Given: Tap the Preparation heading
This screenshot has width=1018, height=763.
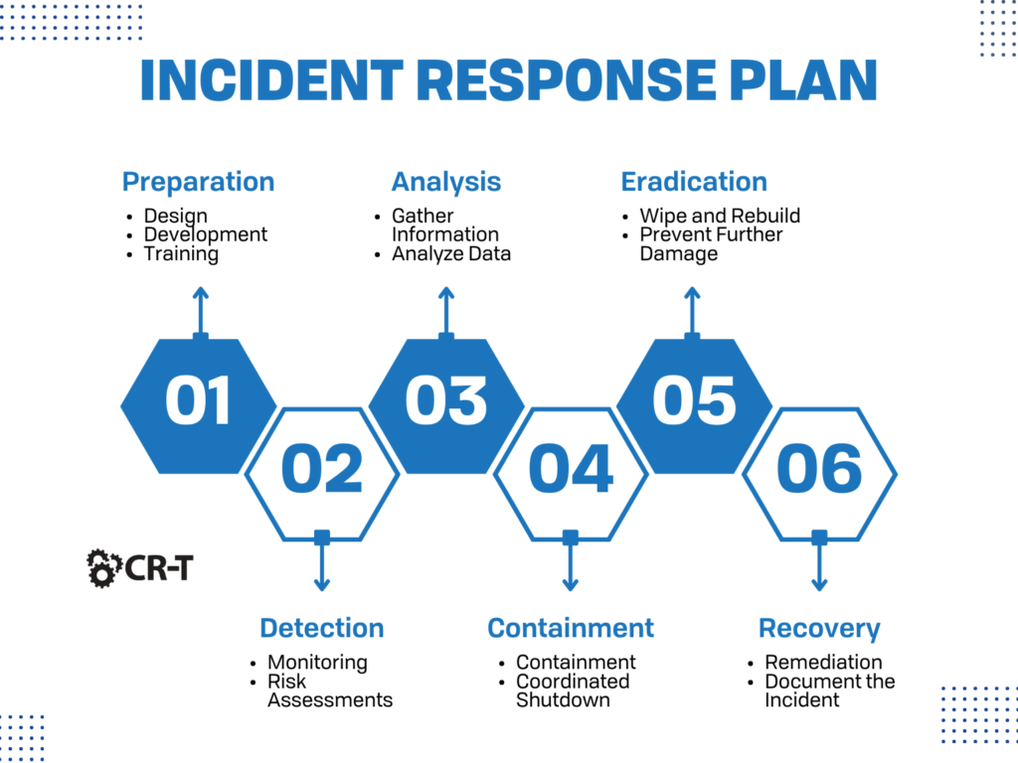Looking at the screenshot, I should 198,182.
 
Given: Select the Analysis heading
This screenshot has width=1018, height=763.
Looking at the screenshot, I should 445,182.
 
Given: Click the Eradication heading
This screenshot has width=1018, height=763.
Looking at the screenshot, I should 694,182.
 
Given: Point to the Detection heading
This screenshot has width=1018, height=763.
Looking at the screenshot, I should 321,628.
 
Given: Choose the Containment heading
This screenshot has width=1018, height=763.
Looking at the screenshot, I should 570,628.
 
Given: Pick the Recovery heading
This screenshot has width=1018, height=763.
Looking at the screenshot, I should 819,628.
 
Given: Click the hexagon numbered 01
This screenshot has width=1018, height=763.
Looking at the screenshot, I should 199,403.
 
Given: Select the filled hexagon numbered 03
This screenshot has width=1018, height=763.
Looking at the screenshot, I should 446,403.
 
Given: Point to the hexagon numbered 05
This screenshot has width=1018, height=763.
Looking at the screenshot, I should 694,403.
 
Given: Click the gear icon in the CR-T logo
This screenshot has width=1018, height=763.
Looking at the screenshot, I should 103,567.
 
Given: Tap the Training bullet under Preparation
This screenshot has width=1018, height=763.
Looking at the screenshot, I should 181,253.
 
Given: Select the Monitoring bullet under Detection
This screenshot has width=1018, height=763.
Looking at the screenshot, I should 317,662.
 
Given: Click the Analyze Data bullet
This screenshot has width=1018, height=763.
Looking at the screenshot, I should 451,253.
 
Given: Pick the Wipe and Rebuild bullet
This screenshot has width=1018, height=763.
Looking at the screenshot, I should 720,216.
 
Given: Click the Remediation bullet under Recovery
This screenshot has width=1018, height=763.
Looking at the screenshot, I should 823,662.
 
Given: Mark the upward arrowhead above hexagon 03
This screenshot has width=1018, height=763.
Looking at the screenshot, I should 446,294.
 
